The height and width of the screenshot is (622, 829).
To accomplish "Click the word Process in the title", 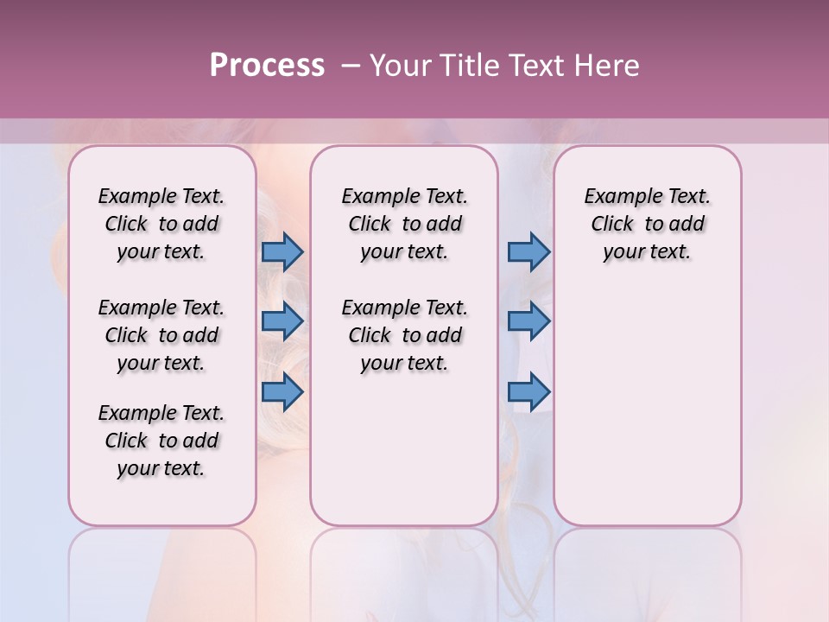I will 267,66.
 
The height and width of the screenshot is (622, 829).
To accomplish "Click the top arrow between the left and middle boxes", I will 282,251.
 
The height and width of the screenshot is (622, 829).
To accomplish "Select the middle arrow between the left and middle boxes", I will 282,321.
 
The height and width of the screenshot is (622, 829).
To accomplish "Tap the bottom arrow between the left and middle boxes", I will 282,391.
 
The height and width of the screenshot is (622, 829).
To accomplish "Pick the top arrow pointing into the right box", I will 528,251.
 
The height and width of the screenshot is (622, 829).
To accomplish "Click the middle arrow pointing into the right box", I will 528,321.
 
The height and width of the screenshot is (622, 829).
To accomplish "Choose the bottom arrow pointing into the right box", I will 528,391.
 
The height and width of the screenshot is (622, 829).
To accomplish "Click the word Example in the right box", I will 621,196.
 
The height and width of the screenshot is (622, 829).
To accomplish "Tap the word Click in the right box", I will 612,224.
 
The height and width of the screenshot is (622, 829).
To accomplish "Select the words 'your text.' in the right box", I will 647,251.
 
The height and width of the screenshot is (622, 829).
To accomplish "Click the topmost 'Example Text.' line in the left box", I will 161,196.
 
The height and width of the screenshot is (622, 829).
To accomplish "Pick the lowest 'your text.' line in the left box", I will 161,468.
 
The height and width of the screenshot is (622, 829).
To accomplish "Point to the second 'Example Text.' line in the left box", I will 161,308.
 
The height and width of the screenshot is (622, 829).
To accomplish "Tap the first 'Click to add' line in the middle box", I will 404,224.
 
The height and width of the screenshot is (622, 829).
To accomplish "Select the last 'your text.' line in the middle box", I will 404,363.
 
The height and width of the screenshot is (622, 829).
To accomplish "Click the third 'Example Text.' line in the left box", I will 161,413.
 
